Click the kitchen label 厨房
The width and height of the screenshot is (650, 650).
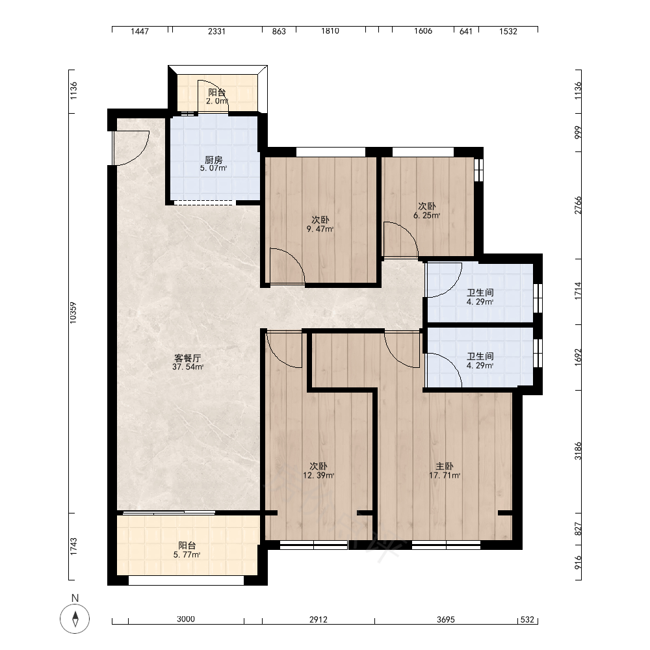214,160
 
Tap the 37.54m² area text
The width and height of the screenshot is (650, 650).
188,367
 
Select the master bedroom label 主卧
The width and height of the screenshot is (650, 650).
445,466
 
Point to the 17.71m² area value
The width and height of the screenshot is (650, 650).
445,476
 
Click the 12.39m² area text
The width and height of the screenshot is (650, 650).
318,476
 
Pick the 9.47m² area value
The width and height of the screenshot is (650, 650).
320,229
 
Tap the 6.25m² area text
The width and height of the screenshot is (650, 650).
426,216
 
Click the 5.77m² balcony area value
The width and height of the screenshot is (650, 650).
187,554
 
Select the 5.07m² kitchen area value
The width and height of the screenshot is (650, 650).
213,168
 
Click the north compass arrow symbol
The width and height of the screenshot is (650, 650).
75,619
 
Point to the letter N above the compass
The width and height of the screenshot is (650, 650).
75,598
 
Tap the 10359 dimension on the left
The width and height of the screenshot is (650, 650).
73,313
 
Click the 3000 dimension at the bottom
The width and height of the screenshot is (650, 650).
186,619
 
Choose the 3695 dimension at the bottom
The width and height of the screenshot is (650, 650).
446,619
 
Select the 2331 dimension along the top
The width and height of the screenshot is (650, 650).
216,31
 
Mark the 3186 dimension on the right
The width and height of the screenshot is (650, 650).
578,451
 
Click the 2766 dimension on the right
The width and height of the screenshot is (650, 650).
578,205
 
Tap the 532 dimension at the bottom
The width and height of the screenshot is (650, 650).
527,619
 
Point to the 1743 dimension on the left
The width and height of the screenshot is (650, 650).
73,547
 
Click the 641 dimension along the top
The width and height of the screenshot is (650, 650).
466,31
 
